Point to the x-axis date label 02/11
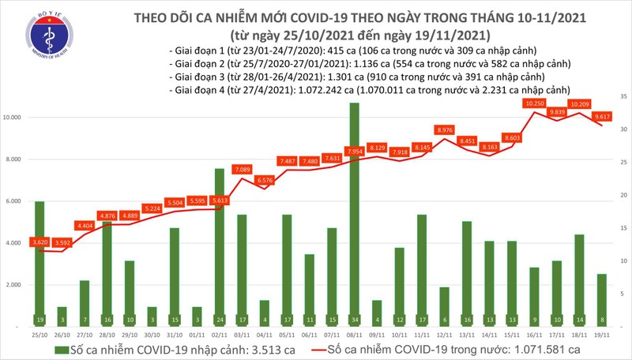[x=219, y=335]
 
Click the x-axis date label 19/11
[x=602, y=335]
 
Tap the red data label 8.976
[x=444, y=129]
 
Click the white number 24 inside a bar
[x=219, y=321]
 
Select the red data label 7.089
[x=242, y=169]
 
